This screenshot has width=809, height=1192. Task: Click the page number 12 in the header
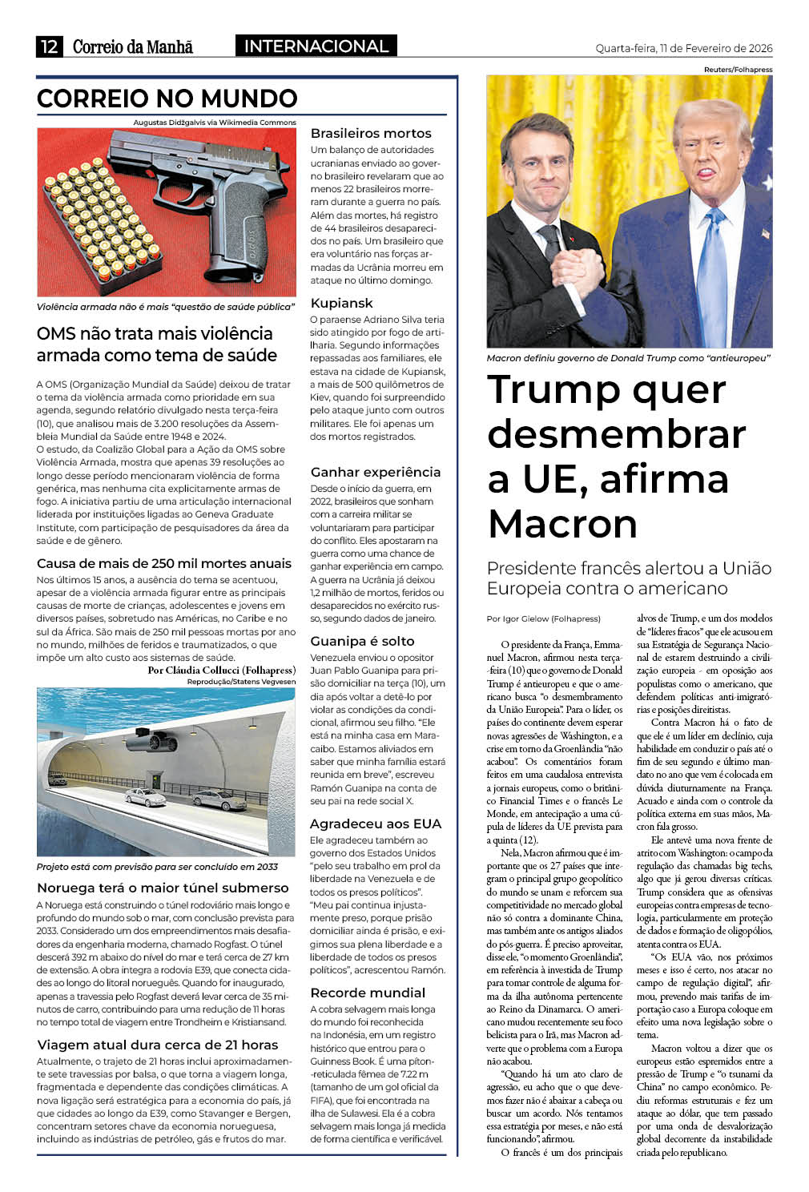coord(49,46)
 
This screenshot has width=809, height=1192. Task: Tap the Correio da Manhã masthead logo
coord(133,46)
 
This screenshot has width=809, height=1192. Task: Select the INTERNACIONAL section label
coord(316,46)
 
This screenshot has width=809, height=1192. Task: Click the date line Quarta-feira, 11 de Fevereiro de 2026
coord(683,48)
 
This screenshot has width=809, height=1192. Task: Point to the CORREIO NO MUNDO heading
coord(167,99)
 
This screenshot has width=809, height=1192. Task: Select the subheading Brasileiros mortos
coord(371,133)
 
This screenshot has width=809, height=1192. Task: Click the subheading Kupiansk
coord(341,303)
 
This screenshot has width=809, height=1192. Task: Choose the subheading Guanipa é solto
coord(362,641)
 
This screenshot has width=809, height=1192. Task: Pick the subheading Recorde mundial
coord(368,993)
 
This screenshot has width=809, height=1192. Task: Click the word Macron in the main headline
coord(562,524)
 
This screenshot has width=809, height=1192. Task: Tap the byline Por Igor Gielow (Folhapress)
coord(543,618)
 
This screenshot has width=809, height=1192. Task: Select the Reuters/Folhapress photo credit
coord(738,70)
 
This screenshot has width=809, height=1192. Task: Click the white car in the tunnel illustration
coord(145,797)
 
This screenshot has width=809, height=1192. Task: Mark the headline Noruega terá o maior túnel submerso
coord(163,888)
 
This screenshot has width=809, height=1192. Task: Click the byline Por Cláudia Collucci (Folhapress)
coord(221,670)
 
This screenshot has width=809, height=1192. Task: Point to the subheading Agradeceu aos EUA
coord(375,824)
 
